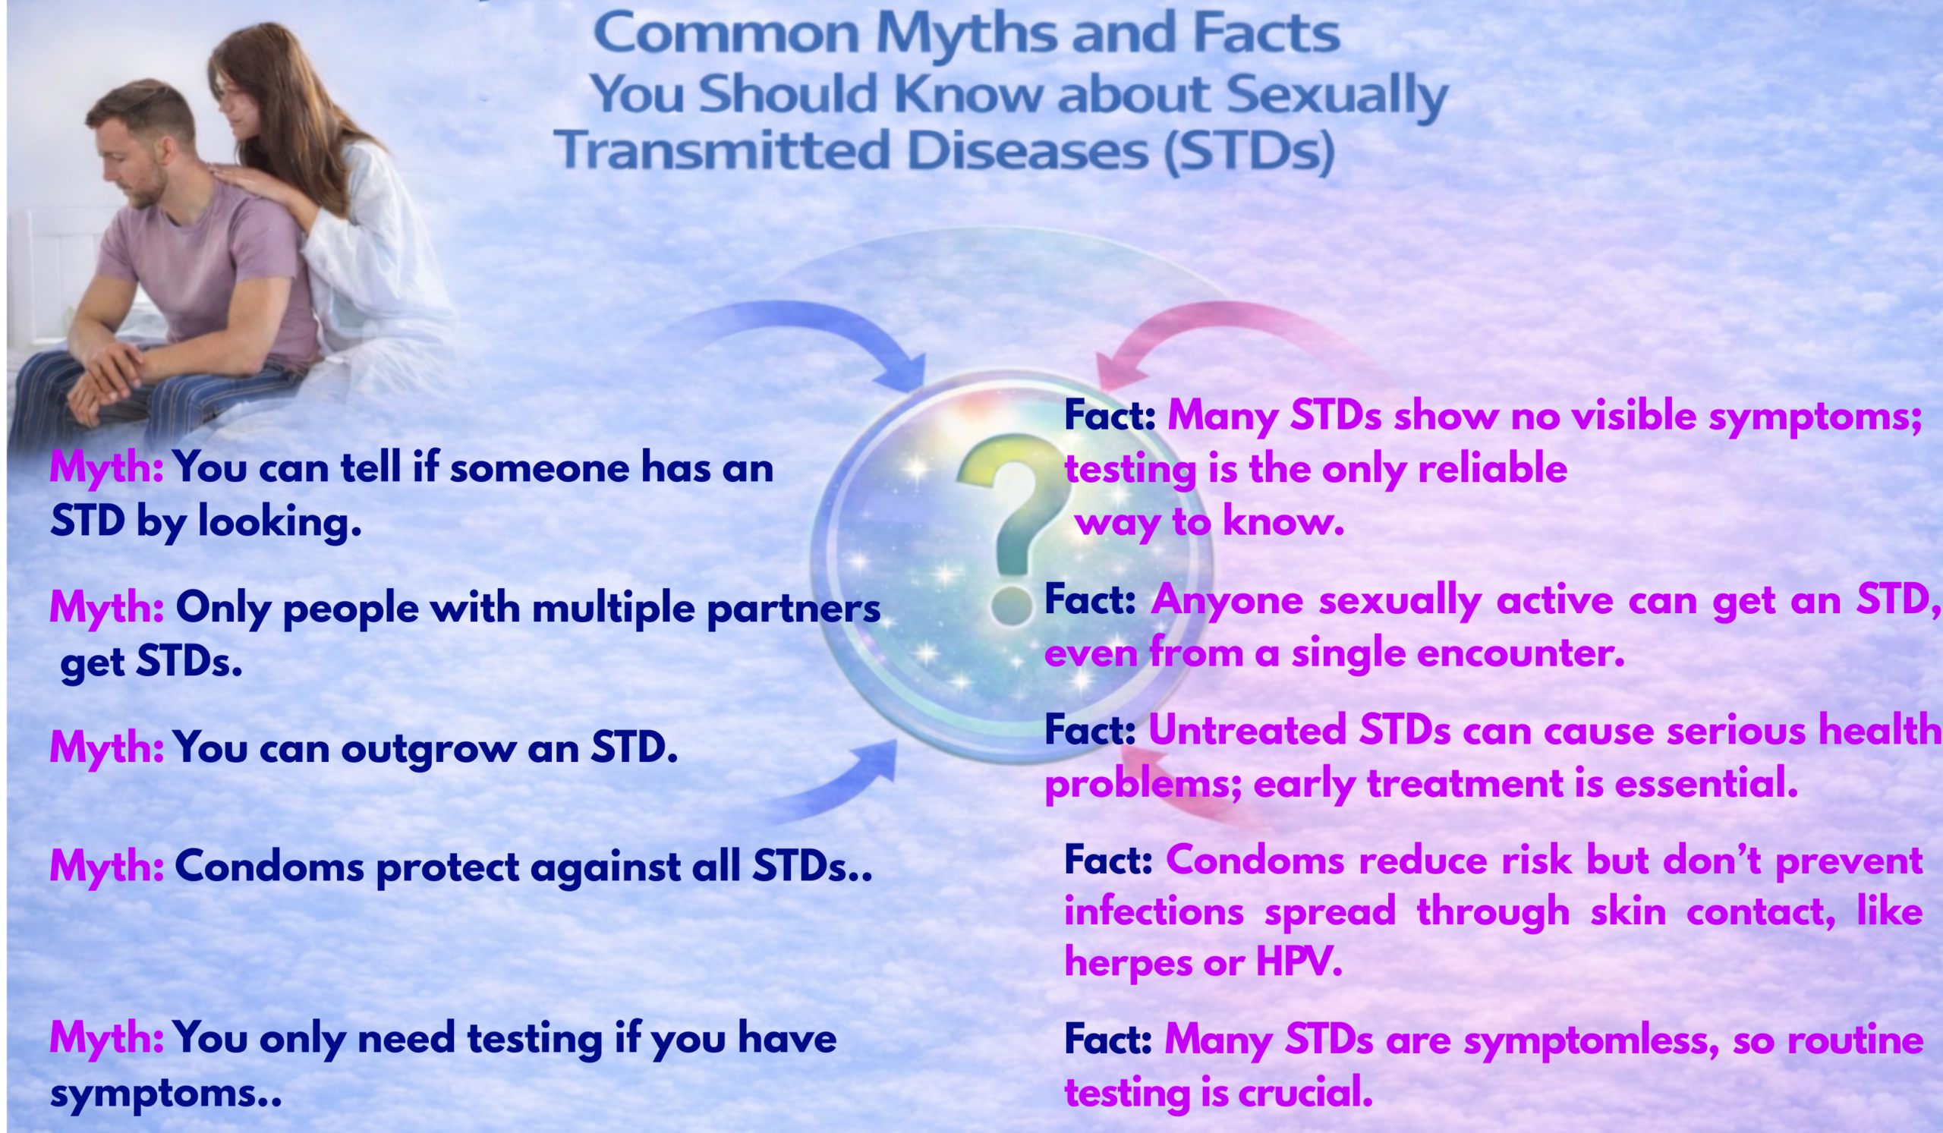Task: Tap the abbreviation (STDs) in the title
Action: pos(1249,151)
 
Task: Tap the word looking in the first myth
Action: pos(279,523)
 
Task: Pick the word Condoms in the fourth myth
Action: pos(269,867)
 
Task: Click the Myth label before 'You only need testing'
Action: pos(106,1038)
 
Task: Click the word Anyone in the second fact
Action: pos(1227,600)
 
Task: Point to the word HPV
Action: pos(1299,963)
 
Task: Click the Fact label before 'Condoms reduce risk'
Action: pos(1108,860)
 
